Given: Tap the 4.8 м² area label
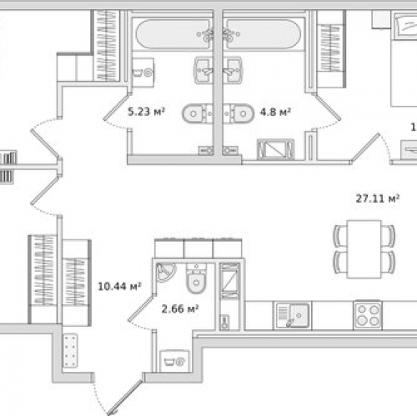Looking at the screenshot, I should coord(274,109).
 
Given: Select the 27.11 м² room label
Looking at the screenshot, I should coord(377,198).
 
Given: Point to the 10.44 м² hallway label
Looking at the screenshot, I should coord(119,285).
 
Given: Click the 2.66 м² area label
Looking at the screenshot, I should coord(179,309).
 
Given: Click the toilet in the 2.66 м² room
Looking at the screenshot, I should coord(197,278).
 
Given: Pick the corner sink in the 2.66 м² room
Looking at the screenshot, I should coord(165,271).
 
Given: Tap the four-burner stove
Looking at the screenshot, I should coord(367,314).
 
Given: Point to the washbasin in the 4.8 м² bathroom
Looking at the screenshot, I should coord(231,69).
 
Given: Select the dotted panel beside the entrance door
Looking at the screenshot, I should coord(69,355).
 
